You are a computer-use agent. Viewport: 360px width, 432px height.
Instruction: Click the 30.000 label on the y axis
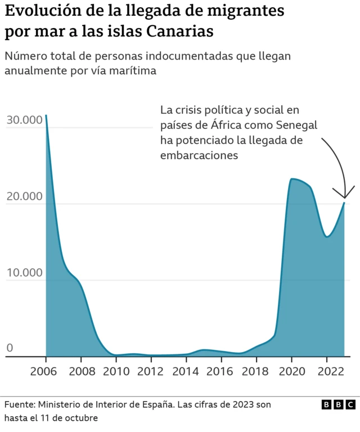[24, 120]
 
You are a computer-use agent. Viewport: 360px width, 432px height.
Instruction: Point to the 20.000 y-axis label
[24, 196]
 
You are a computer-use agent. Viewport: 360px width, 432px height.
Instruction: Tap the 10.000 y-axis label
[24, 273]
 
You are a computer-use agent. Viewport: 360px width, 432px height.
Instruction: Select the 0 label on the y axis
[10, 349]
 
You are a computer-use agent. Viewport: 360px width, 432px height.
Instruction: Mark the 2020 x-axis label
[291, 372]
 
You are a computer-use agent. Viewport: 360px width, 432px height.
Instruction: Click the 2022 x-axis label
[326, 372]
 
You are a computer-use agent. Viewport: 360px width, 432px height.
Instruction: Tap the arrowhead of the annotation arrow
[344, 196]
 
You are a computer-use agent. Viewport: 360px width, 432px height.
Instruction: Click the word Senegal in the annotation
[298, 125]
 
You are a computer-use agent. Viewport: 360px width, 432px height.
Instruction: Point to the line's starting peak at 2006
[46, 115]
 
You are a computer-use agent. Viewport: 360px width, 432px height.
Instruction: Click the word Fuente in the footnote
[20, 405]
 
